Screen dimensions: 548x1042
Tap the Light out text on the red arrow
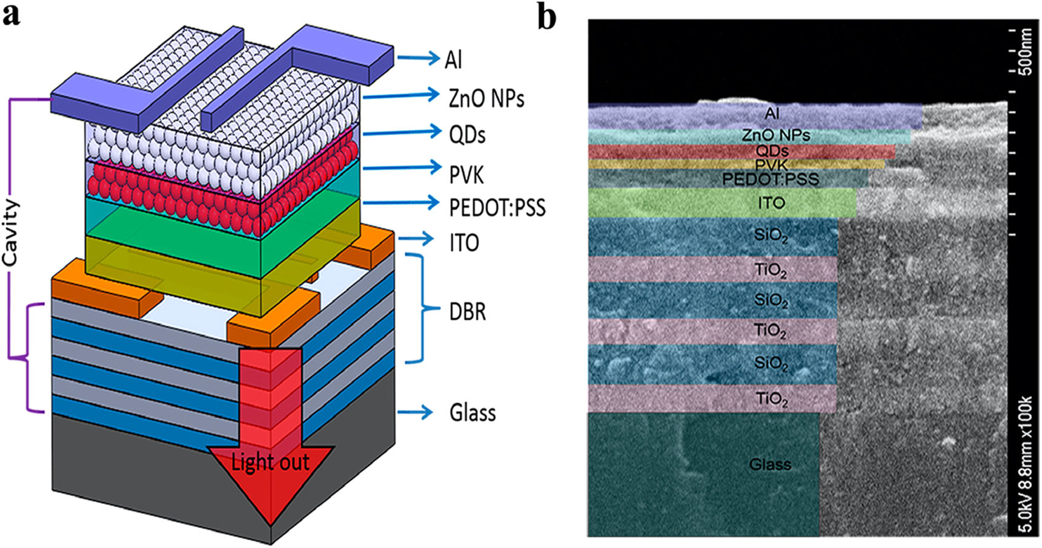point(270,463)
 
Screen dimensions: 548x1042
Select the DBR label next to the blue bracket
point(467,312)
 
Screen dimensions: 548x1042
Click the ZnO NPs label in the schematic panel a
point(486,98)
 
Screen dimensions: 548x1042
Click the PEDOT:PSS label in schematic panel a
point(497,208)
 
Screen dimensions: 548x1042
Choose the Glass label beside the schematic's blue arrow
point(473,413)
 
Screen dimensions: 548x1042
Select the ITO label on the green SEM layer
point(771,203)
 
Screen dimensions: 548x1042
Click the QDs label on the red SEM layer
point(772,151)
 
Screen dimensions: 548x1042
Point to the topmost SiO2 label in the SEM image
point(771,235)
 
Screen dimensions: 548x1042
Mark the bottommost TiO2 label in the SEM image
point(771,398)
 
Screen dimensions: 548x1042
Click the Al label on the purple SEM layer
point(772,113)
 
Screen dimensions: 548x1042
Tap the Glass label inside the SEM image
point(770,464)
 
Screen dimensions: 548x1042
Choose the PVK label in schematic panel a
point(466,175)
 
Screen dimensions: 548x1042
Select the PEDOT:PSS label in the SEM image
point(771,179)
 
